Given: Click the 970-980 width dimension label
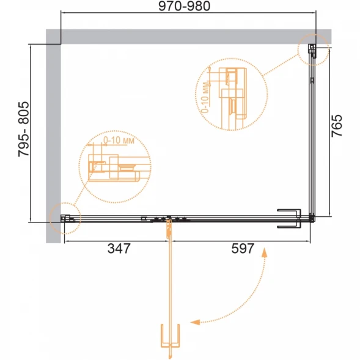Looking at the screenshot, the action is (185, 6).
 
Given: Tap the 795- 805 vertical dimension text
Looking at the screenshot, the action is (24, 129).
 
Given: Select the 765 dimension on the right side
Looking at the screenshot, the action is (337, 126).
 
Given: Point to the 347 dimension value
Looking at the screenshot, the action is (119, 248).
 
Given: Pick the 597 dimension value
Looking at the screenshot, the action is (243, 248).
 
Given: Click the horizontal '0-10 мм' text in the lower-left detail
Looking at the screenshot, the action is (119, 141).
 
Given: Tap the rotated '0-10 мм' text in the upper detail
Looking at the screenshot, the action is (206, 98).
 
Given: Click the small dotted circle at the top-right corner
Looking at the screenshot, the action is (314, 50).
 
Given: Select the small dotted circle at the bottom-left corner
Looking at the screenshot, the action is (65, 218).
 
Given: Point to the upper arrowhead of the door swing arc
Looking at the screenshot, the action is (265, 252).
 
